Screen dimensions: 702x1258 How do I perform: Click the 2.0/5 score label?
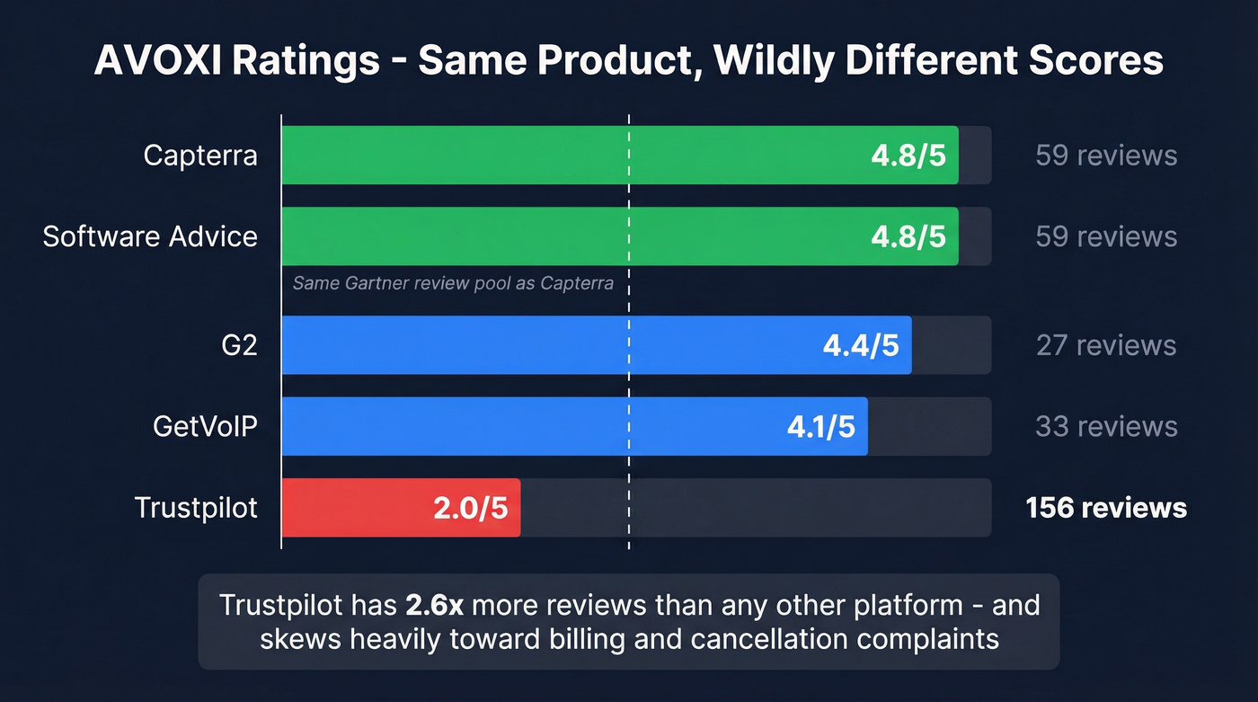pos(471,508)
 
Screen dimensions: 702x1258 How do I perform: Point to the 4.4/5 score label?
pos(861,345)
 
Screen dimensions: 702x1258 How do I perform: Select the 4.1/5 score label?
pos(820,426)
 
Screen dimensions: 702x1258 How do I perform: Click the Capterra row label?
pos(200,156)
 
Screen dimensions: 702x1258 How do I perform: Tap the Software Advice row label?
pos(150,236)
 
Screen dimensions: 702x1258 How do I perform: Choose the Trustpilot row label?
pos(196,508)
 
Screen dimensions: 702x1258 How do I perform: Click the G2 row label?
pos(238,345)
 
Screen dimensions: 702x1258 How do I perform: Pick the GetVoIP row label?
pos(206,426)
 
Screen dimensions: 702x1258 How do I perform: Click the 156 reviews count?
pos(1106,508)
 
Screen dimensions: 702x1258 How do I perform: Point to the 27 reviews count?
pos(1106,345)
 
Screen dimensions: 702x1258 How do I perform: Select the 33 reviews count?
pos(1106,426)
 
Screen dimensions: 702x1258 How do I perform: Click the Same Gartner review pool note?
pos(453,284)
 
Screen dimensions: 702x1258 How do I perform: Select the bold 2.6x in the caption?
pos(434,604)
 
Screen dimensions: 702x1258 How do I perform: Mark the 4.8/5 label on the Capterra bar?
pos(908,156)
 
